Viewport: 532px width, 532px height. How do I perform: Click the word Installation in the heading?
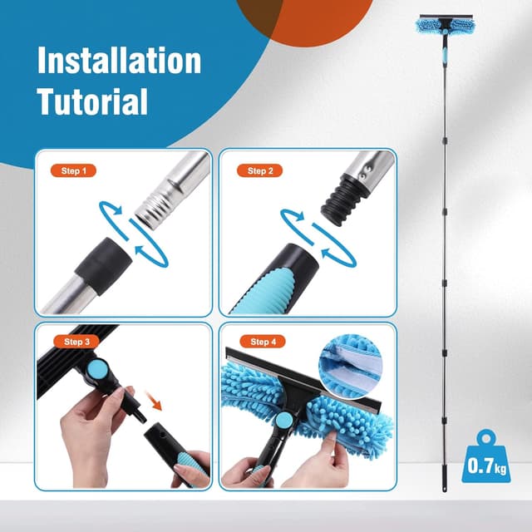click(120, 62)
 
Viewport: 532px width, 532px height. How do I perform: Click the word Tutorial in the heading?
click(92, 101)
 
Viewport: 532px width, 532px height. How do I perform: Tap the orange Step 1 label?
click(74, 170)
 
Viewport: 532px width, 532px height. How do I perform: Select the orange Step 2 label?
click(260, 170)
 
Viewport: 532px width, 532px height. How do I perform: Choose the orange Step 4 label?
click(260, 342)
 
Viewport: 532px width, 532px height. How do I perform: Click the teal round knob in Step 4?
click(284, 421)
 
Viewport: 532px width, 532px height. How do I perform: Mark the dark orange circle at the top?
click(304, 17)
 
